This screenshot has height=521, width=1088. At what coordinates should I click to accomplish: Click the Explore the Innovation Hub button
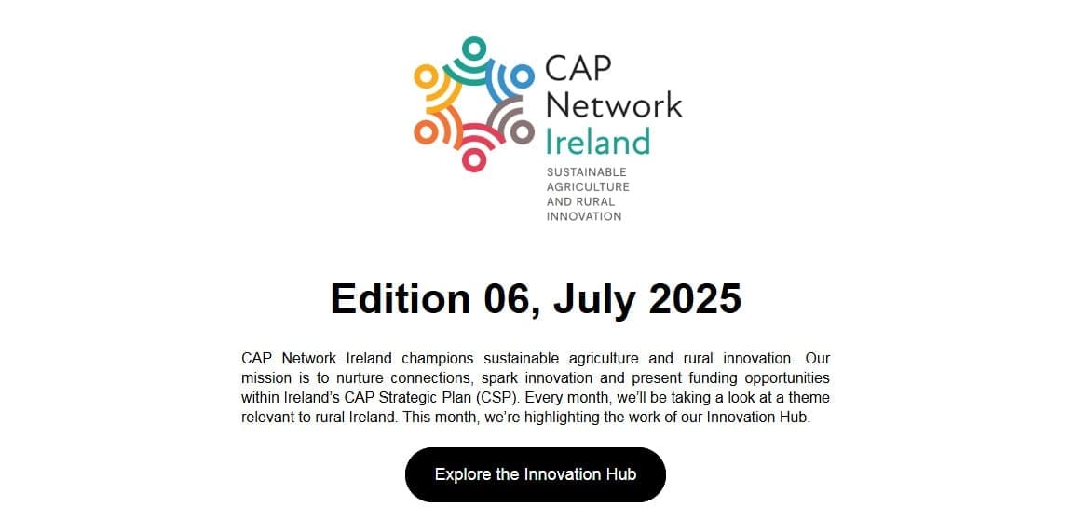click(x=535, y=474)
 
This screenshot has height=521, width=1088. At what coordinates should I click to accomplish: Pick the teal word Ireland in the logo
click(x=597, y=142)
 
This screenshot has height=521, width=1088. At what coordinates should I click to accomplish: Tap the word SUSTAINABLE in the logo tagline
click(x=586, y=172)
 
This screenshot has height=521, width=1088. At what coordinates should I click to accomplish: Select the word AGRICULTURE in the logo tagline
click(x=588, y=186)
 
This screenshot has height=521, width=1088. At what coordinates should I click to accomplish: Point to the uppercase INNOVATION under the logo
click(x=583, y=216)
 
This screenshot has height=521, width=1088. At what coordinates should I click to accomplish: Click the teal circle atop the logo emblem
click(x=474, y=47)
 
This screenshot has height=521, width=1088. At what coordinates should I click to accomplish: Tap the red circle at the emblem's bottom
click(x=474, y=160)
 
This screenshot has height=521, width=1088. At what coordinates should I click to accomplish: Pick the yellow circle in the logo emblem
click(x=426, y=75)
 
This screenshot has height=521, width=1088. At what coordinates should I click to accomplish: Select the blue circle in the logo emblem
click(x=524, y=75)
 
